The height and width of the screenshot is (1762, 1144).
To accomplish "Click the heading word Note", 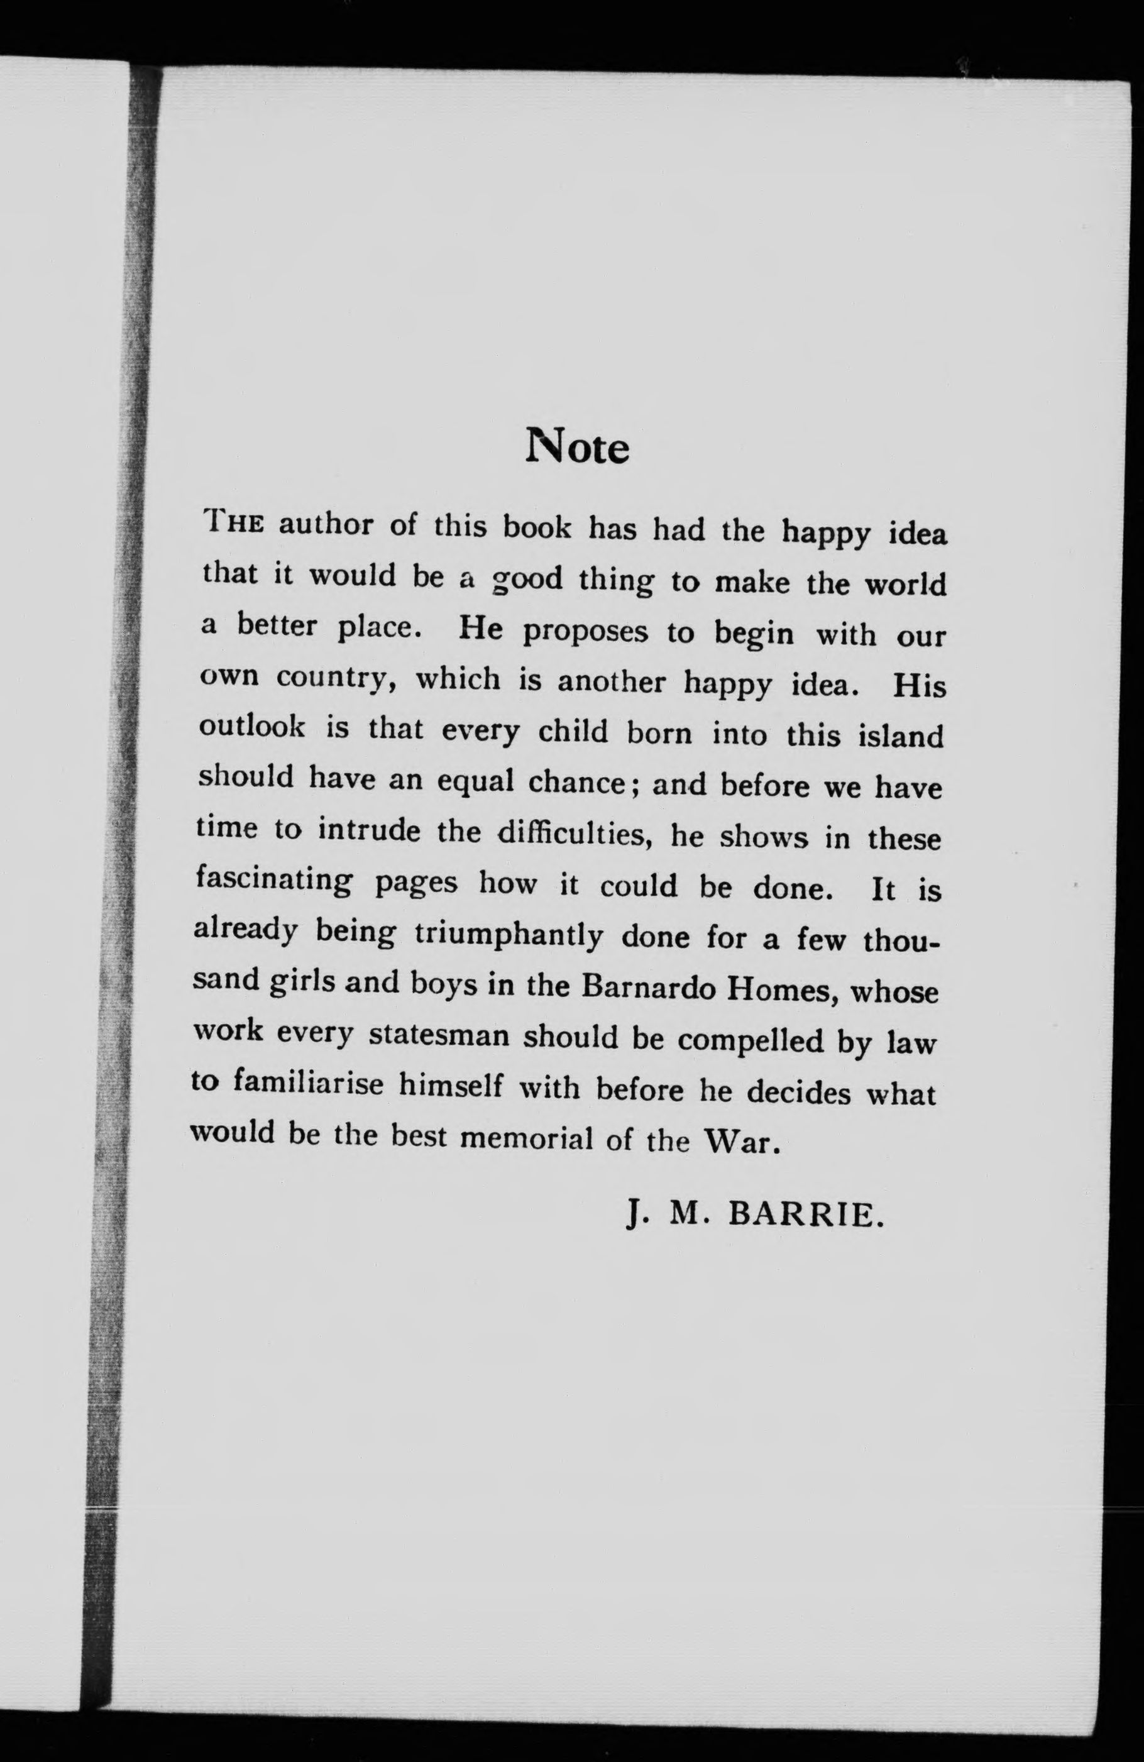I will click(x=578, y=446).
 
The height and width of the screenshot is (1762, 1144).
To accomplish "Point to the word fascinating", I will click(x=274, y=881).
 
